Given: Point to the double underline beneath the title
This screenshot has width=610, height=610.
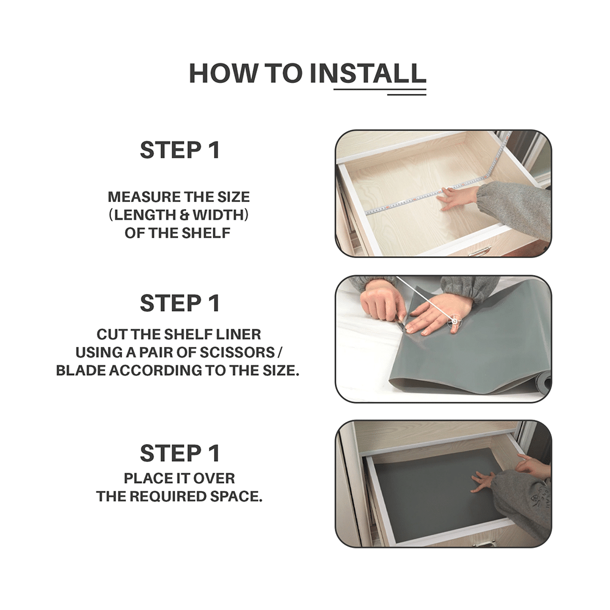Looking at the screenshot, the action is [379, 92].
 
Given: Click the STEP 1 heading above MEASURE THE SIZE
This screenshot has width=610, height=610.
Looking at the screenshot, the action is [180, 150].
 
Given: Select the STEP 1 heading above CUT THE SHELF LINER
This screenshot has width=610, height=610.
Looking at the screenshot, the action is [180, 303].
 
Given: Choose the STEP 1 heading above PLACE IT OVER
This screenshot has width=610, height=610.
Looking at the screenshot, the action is [180, 453].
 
